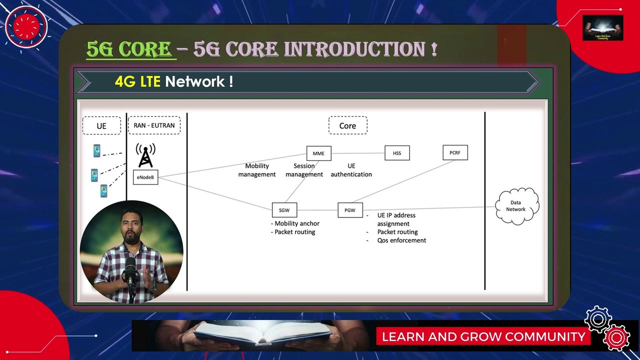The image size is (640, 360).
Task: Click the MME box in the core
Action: click(x=318, y=153)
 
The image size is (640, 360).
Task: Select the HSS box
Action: click(x=397, y=153)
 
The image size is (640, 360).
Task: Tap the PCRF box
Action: click(x=455, y=152)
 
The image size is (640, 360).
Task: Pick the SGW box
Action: click(x=284, y=210)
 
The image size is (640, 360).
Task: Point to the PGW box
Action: click(x=350, y=210)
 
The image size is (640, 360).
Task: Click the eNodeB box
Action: click(x=145, y=177)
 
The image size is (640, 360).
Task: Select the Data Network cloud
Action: click(x=516, y=206)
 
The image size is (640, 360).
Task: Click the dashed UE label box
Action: click(x=101, y=125)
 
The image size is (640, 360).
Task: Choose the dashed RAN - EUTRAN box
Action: click(x=154, y=125)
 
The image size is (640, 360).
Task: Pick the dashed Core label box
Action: click(x=347, y=125)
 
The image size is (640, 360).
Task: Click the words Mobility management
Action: click(x=257, y=170)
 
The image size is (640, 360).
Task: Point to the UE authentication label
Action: click(x=351, y=170)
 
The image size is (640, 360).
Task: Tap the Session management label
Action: click(x=304, y=170)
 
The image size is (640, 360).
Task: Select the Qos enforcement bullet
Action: click(x=401, y=240)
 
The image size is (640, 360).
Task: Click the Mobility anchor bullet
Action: click(x=296, y=223)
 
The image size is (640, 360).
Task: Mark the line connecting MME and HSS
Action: click(x=358, y=153)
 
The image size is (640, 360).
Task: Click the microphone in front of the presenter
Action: click(x=130, y=270)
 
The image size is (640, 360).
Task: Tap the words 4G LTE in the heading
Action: click(x=137, y=81)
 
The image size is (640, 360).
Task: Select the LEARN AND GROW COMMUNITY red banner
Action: click(x=483, y=336)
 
